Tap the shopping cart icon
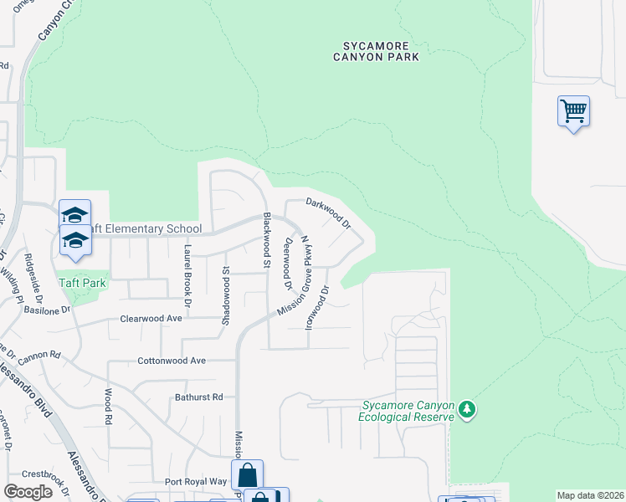pyautogui.click(x=573, y=110)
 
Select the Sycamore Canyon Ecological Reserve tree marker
pyautogui.click(x=467, y=410)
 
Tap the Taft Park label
pyautogui.click(x=82, y=283)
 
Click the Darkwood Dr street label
pyautogui.click(x=327, y=213)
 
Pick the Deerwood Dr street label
pyautogui.click(x=288, y=262)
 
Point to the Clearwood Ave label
pyautogui.click(x=151, y=319)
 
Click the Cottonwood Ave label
pyautogui.click(x=172, y=361)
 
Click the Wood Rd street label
pyautogui.click(x=108, y=405)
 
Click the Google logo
pyautogui.click(x=28, y=492)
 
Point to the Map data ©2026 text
pyautogui.click(x=590, y=495)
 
